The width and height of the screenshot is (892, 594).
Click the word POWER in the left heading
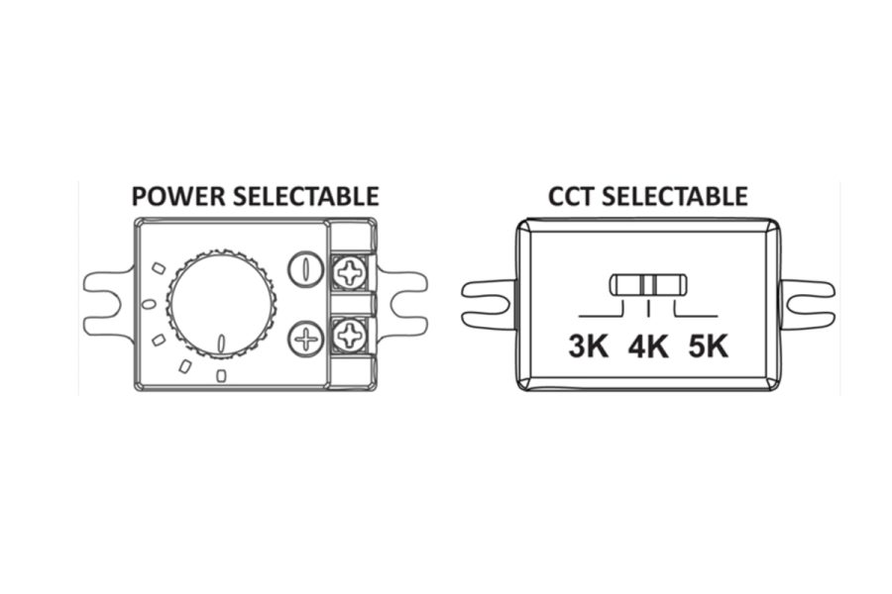tap(178, 196)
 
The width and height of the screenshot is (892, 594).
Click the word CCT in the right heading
tap(572, 196)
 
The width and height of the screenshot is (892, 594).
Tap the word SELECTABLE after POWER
tap(306, 196)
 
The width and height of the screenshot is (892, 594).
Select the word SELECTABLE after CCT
tap(675, 196)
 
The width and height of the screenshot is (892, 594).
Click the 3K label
tap(588, 346)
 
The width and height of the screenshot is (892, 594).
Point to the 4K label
tap(648, 346)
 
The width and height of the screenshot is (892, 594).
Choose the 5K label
tap(709, 346)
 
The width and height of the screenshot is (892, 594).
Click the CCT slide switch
tap(648, 285)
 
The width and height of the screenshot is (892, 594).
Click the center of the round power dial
tap(221, 305)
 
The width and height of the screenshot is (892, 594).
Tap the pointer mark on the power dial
tap(221, 343)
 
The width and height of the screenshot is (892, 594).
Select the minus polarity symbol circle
tap(306, 269)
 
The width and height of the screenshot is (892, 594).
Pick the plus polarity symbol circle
tap(306, 339)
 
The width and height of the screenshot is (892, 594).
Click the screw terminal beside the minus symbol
tap(348, 273)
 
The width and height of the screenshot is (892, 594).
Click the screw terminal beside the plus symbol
tap(348, 335)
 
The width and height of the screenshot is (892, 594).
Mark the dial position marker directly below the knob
tap(221, 375)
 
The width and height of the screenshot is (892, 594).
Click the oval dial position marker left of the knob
tap(148, 305)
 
